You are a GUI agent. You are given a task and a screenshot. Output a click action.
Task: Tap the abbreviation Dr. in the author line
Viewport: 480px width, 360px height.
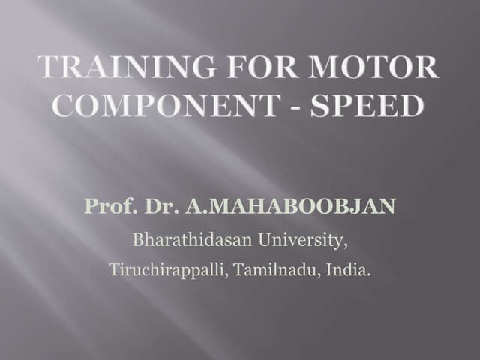point(153,205)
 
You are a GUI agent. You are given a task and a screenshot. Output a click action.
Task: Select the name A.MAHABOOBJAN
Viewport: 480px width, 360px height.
point(286,205)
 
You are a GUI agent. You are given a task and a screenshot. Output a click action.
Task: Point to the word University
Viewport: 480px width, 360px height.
point(308,241)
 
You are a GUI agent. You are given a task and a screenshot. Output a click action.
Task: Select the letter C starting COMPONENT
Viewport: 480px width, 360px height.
point(67,106)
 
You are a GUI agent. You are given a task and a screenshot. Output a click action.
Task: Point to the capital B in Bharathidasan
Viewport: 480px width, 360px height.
point(138,241)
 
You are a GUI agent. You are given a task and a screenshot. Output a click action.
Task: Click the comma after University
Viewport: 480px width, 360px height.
point(346,247)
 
